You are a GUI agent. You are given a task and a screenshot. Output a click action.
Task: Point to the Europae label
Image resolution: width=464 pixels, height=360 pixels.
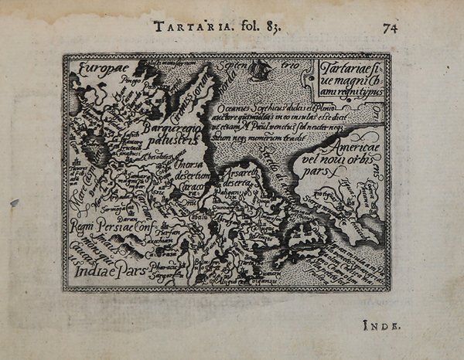click(96, 69)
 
